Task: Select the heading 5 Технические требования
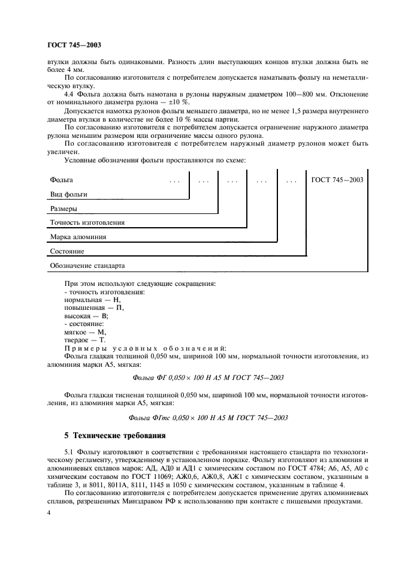111,435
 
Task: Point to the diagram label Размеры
63,209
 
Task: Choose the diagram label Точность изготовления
86,223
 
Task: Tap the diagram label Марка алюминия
78,237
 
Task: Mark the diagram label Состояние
66,251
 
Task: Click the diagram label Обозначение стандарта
87,266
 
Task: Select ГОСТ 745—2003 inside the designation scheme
337,179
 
